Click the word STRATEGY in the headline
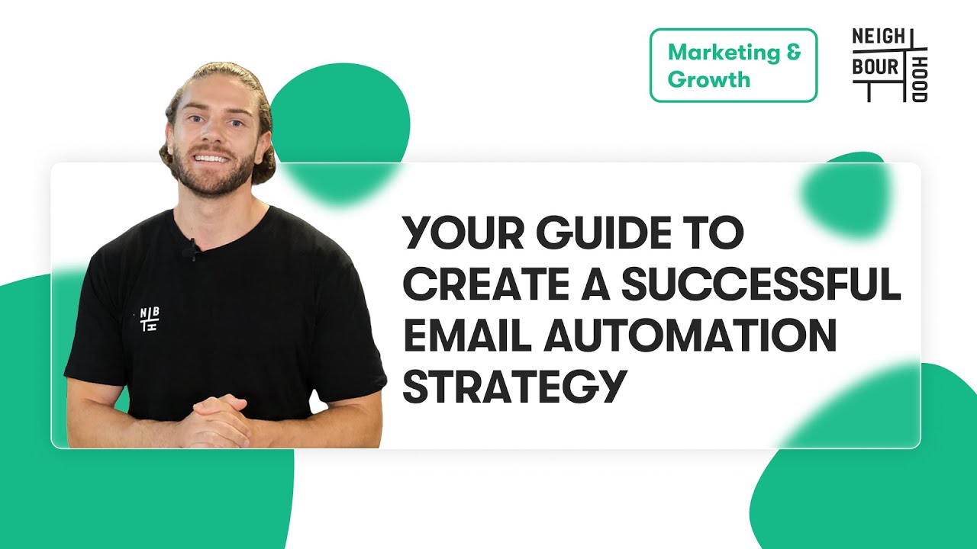coord(510,387)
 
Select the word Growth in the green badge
coord(708,79)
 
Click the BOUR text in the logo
coord(876,67)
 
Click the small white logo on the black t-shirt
coord(150,319)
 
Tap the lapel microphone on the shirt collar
coord(194,249)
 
